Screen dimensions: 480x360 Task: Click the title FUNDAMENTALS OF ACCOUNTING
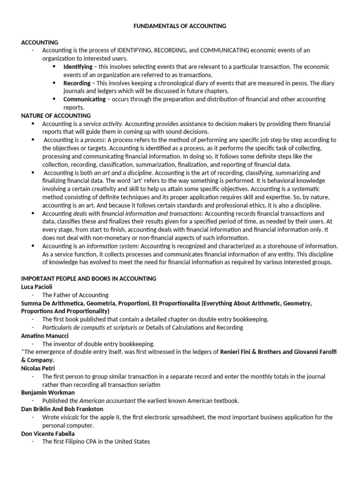point(180,26)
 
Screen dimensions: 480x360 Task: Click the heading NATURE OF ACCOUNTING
point(56,115)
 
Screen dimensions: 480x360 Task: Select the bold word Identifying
point(78,67)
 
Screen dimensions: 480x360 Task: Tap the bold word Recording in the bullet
point(77,83)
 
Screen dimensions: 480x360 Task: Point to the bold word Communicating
point(84,99)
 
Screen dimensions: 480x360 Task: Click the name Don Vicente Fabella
point(48,434)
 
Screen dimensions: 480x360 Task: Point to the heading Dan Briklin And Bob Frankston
point(62,409)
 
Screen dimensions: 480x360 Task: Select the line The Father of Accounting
point(75,295)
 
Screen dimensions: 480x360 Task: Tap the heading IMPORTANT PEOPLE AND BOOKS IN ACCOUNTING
point(89,278)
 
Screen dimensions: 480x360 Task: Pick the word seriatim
point(147,385)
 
